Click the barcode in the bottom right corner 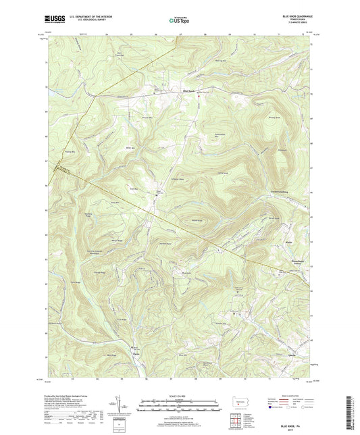(351, 407)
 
